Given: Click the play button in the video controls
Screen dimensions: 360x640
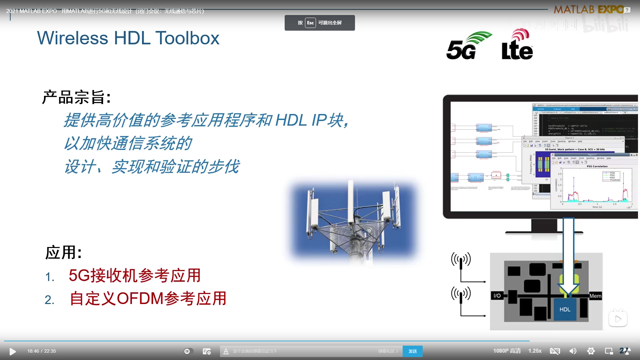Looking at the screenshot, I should tap(13, 351).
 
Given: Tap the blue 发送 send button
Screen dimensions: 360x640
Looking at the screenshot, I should tap(412, 351).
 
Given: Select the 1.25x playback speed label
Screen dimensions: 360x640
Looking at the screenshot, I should tap(535, 351).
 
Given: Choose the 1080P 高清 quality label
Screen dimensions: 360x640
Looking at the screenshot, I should tap(507, 351).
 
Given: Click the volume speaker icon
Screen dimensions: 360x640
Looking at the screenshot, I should tap(573, 351).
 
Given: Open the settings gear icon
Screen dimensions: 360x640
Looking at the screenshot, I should tap(591, 351).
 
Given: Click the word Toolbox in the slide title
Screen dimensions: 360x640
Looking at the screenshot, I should tap(187, 38).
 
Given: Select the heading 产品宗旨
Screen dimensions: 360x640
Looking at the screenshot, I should tap(76, 97).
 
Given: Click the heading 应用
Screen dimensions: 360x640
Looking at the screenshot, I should tap(63, 252).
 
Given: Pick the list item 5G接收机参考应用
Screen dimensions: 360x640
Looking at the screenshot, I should tap(135, 276).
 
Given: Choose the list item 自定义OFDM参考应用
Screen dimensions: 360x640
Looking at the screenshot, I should tap(148, 298).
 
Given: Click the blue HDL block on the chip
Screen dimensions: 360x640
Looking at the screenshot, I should tap(565, 309).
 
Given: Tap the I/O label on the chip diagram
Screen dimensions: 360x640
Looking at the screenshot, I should tap(497, 296).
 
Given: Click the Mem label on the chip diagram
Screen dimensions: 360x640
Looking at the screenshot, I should tap(595, 296).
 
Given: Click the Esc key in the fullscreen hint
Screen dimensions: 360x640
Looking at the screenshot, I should tap(310, 23).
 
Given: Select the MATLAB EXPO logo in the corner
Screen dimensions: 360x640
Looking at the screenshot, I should tap(589, 9).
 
